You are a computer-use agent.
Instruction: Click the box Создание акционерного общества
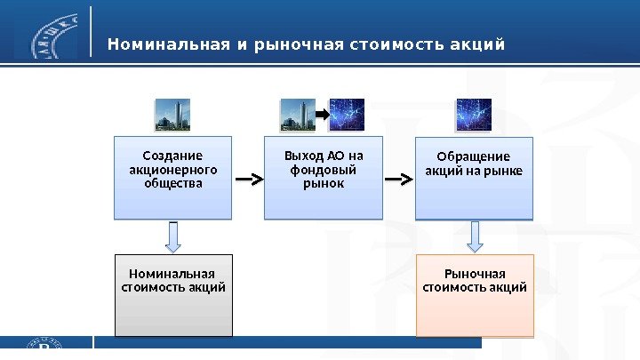172,177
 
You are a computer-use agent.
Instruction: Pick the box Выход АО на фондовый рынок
323,177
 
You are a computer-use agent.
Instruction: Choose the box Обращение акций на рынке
474,177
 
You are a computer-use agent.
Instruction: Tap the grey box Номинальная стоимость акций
173,295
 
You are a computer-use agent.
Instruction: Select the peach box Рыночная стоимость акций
475,295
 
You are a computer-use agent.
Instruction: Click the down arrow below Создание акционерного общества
173,236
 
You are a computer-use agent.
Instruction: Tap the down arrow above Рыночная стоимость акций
475,236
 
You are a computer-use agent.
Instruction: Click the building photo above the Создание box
172,115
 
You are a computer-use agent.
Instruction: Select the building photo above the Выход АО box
299,115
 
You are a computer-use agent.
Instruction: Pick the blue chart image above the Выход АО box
348,115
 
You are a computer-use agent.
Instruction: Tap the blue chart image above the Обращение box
474,115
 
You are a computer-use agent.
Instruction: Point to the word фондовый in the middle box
323,171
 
